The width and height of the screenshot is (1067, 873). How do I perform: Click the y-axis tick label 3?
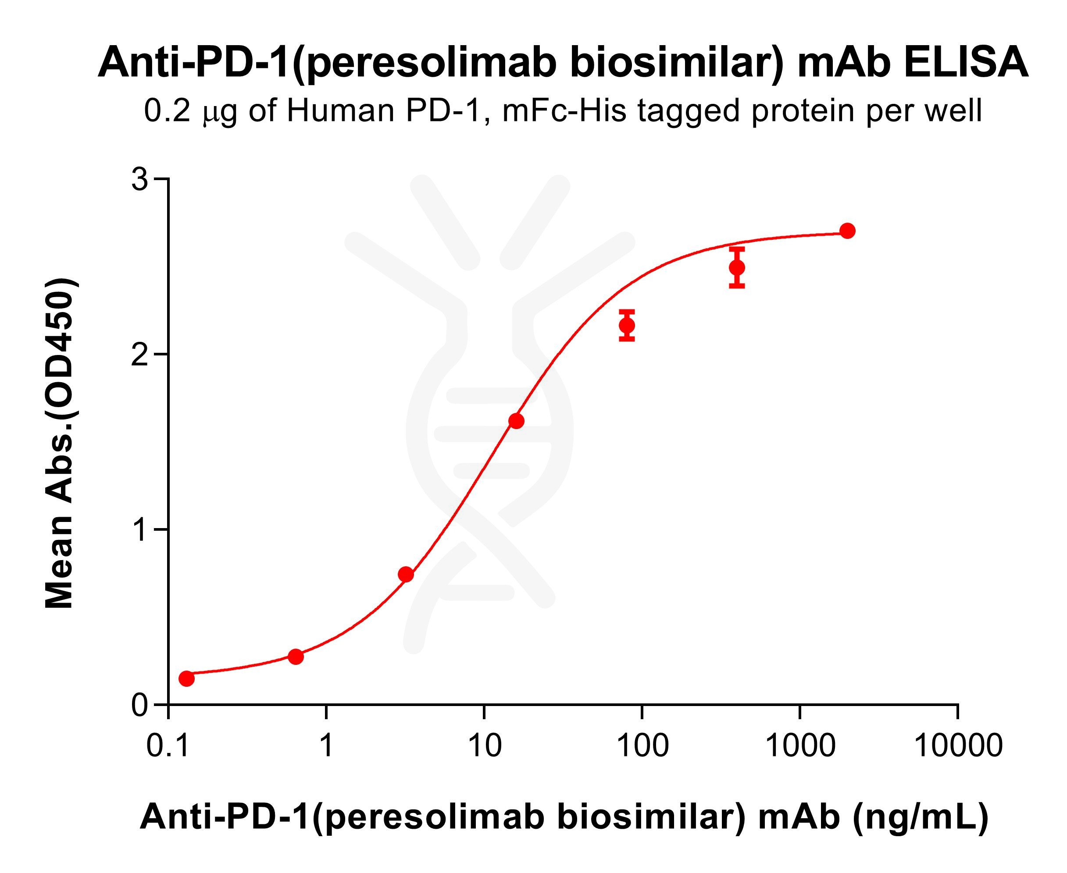pyautogui.click(x=139, y=180)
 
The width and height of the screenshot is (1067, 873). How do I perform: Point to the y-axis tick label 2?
pyautogui.click(x=139, y=355)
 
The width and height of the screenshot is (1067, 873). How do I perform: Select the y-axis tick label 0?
pyautogui.click(x=139, y=706)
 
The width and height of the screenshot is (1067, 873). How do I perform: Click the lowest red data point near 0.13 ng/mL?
pyautogui.click(x=186, y=678)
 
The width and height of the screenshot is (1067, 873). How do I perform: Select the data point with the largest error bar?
pyautogui.click(x=737, y=267)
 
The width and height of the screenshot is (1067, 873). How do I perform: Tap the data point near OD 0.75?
pyautogui.click(x=406, y=574)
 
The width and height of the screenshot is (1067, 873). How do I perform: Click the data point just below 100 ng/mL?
pyautogui.click(x=627, y=325)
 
